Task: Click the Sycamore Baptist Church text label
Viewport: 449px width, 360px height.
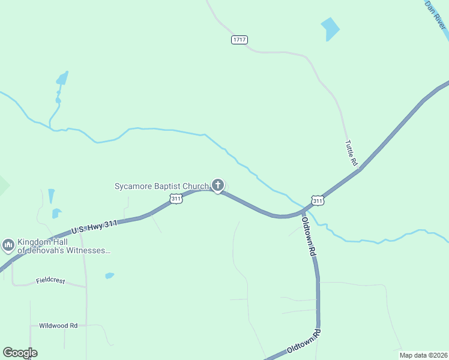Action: (161, 186)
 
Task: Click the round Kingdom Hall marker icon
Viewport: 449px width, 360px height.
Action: (8, 245)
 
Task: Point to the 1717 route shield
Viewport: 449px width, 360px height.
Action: (239, 40)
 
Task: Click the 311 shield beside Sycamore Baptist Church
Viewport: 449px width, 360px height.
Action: (176, 199)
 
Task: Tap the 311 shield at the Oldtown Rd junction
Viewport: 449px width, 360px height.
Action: (318, 200)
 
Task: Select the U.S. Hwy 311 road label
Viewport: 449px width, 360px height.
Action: (94, 226)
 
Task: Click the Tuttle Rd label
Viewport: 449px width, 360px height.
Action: (351, 153)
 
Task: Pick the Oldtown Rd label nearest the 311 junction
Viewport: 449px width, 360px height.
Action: (309, 237)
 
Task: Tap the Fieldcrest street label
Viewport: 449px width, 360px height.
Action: (50, 281)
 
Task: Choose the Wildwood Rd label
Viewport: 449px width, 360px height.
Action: (58, 326)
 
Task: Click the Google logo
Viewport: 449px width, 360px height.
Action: (20, 353)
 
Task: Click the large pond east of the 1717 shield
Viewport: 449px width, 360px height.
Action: (330, 28)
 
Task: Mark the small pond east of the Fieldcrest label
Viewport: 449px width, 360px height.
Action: (109, 276)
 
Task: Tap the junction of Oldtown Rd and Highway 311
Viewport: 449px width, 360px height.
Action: (303, 211)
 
